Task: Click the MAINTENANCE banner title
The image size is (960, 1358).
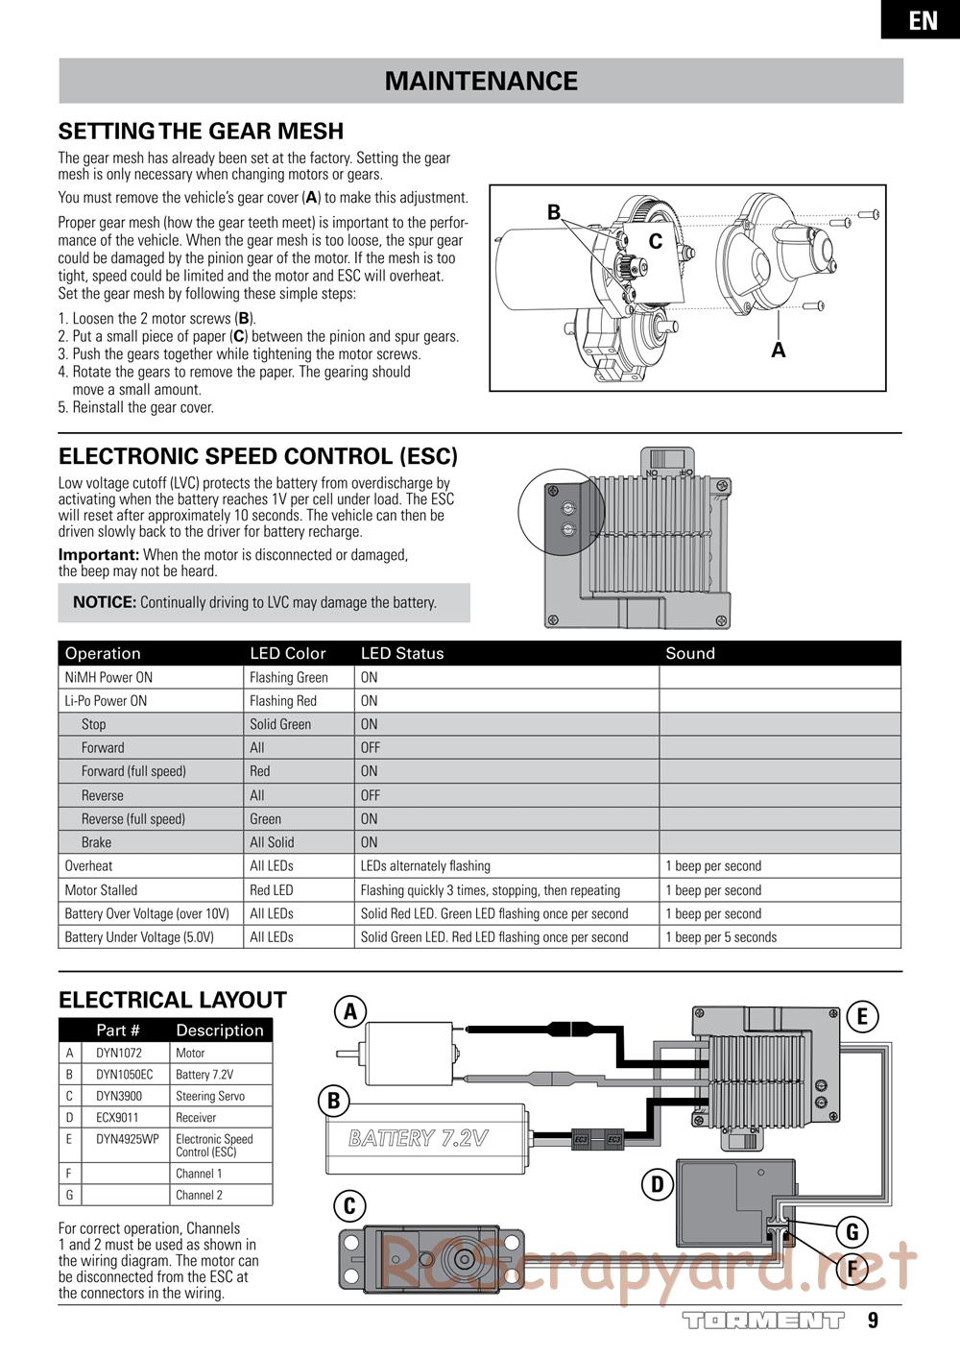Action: tap(481, 82)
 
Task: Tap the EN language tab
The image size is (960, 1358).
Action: tap(923, 20)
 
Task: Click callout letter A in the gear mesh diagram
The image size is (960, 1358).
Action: tap(778, 351)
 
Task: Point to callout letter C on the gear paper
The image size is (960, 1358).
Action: tap(656, 242)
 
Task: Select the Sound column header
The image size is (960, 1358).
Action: tap(690, 653)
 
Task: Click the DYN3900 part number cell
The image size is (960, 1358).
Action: tap(119, 1096)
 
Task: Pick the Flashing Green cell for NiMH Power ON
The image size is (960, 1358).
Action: tap(289, 677)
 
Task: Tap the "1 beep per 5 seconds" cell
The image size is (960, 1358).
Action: tap(721, 937)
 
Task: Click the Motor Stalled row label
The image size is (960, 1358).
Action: tap(101, 890)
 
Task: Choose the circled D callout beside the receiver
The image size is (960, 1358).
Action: tap(658, 1184)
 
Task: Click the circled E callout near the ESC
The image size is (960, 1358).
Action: tap(862, 1016)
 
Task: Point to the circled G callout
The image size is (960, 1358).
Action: tap(852, 1231)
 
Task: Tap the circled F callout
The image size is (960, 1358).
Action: tap(852, 1270)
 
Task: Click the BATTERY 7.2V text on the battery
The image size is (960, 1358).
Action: tap(419, 1139)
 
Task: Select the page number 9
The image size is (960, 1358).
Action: tap(873, 1321)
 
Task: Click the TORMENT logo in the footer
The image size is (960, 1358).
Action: tap(763, 1321)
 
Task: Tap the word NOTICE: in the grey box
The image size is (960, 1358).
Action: tap(105, 603)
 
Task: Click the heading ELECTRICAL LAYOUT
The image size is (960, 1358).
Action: tap(173, 1001)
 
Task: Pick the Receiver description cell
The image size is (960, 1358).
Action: tap(196, 1118)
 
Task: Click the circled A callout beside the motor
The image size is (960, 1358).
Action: tap(350, 1011)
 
